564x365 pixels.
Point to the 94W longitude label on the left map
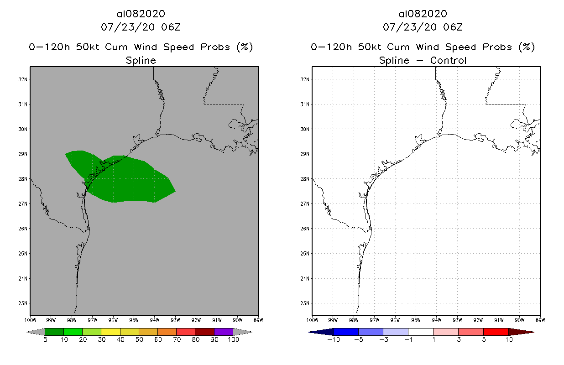pos(154,319)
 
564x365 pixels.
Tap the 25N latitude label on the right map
pos(306,254)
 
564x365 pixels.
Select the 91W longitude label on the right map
pos(498,319)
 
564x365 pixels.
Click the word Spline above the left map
pos(141,60)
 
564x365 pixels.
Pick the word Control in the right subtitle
pos(449,60)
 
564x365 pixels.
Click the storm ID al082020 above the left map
pos(141,14)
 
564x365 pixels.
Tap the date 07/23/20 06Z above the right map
pos(423,27)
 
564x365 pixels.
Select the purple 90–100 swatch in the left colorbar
pos(224,332)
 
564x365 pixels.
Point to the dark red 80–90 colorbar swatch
pos(204,332)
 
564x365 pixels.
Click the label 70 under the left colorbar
pos(177,339)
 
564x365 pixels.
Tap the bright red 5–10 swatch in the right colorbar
pos(496,332)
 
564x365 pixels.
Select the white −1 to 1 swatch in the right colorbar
pos(420,332)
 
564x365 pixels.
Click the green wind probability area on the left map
pos(128,180)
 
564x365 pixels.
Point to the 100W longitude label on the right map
pos(312,319)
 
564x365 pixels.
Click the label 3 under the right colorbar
pos(458,339)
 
